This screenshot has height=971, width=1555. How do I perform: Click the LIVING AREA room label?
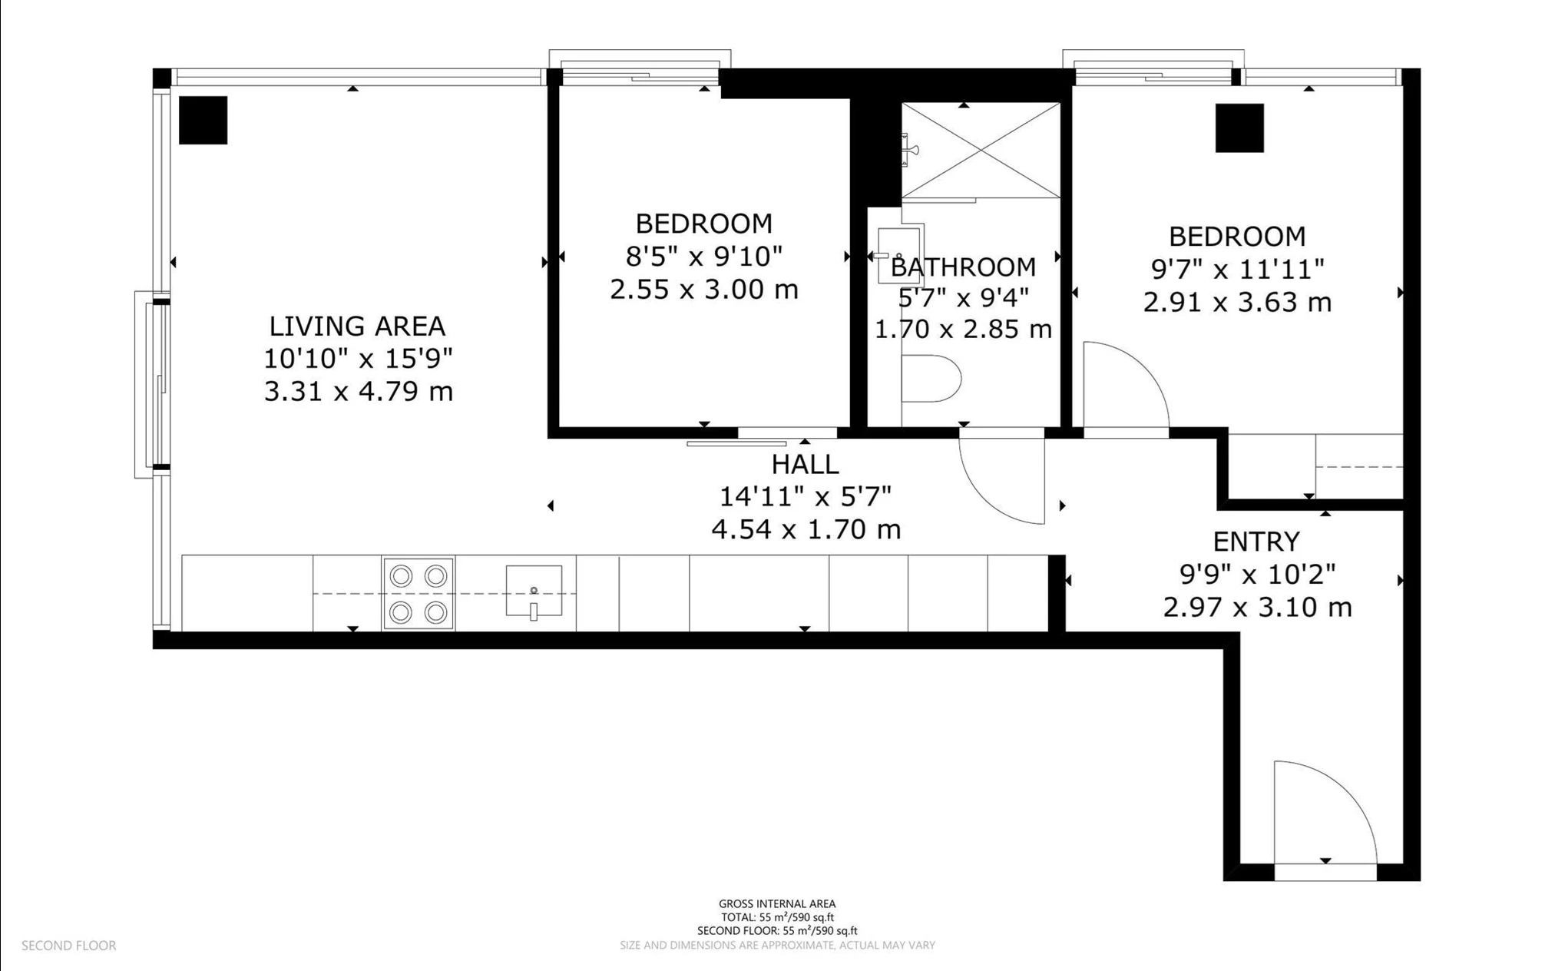(357, 326)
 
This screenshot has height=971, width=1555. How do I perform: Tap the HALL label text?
(805, 465)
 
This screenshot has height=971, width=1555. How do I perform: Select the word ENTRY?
(1256, 542)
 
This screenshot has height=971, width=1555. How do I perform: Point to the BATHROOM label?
(963, 267)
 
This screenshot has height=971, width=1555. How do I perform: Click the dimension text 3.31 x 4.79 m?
(359, 392)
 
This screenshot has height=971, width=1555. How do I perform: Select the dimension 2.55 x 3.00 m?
(704, 290)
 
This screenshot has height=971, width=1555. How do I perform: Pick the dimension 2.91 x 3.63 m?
(1237, 302)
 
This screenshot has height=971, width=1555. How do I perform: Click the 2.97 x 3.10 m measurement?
(1257, 608)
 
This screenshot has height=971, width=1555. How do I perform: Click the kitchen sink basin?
(534, 592)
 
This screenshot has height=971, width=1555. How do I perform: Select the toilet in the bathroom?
(931, 379)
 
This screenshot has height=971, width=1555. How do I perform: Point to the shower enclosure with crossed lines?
(981, 150)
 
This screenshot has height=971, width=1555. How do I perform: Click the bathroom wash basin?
(900, 254)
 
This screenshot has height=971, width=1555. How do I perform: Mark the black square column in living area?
(203, 120)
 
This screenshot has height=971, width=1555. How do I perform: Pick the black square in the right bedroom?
(1239, 128)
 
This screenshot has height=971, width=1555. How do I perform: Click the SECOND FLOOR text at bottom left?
(69, 946)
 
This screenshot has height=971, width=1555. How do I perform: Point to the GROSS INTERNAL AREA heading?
(777, 904)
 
